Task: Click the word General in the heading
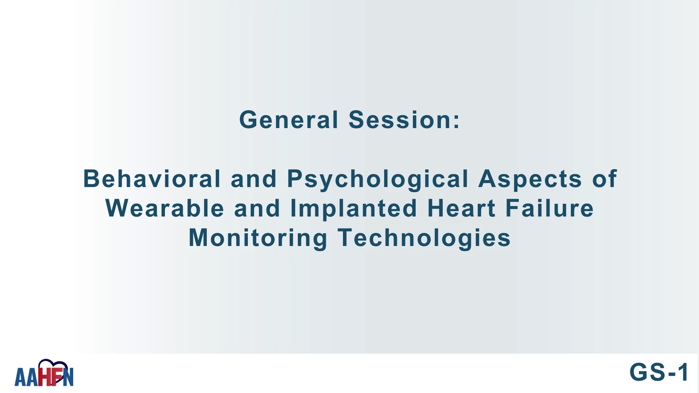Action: [x=289, y=120]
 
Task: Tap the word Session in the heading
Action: [x=400, y=120]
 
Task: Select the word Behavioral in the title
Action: [x=152, y=179]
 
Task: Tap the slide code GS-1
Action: [x=659, y=372]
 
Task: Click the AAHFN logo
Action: [x=44, y=373]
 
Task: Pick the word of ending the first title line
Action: [x=605, y=179]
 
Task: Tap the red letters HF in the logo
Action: [x=50, y=376]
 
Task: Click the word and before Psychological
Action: [x=254, y=179]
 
